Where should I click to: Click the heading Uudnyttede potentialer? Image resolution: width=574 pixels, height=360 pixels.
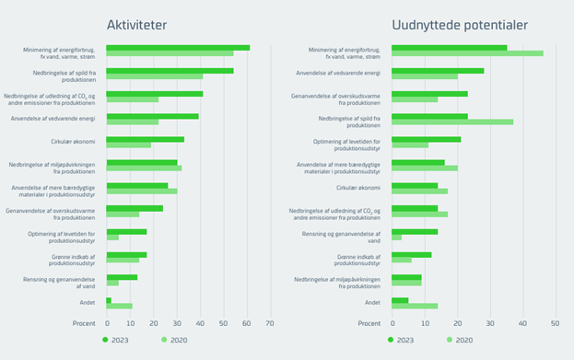coord(460,24)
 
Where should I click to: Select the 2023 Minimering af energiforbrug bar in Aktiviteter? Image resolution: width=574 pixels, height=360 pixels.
coord(178,47)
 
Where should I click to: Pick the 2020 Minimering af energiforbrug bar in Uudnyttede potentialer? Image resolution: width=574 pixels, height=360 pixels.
coord(467,53)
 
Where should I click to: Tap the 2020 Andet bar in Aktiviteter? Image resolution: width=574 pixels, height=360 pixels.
coord(120,306)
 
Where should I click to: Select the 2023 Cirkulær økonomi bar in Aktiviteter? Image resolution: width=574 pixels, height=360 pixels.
coord(146,139)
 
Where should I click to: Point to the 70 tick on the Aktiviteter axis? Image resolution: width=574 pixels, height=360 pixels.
coord(270,323)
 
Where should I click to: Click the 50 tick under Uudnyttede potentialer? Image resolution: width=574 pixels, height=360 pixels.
coord(555,323)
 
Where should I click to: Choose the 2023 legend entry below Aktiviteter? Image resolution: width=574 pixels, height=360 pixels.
coord(115,340)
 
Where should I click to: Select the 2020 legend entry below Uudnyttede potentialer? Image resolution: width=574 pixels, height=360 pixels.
coord(460,340)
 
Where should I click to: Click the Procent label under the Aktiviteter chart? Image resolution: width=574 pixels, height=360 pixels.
coord(84,323)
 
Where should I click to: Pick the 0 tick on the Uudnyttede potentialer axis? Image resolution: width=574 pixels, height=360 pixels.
coord(392,323)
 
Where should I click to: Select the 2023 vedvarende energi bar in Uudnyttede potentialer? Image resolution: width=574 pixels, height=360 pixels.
coord(438,70)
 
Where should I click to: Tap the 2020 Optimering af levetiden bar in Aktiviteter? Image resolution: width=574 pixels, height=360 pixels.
coord(112,237)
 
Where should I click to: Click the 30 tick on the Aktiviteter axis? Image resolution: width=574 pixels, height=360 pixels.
coord(177,323)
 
